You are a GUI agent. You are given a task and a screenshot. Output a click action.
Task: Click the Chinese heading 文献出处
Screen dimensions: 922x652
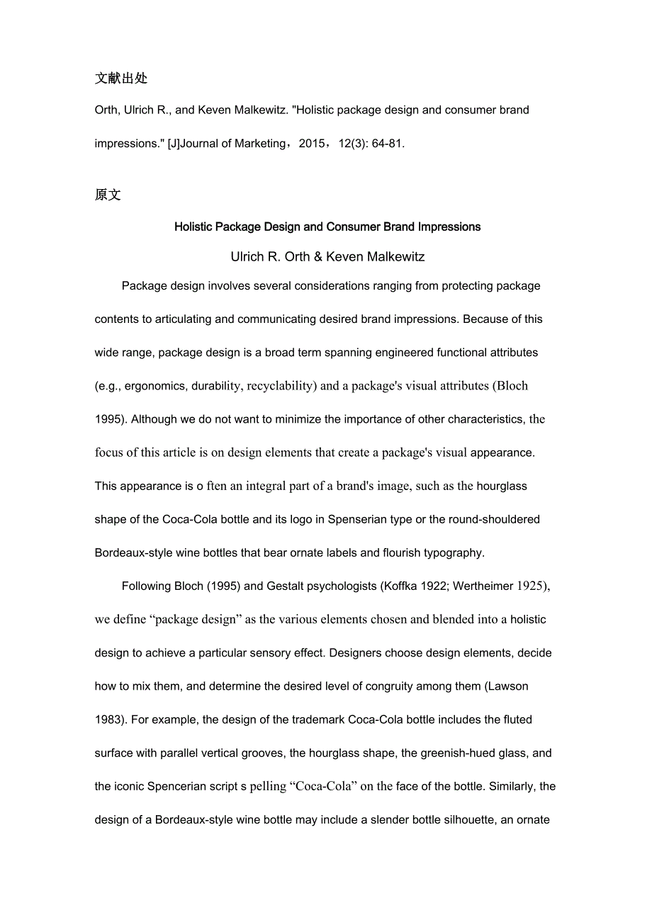[x=121, y=78]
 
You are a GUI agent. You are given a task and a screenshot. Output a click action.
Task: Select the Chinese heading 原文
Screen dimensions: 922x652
[x=108, y=195]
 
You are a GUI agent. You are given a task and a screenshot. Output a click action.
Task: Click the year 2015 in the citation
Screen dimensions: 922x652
[x=313, y=144]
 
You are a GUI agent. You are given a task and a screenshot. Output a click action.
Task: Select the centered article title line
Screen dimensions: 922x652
[x=327, y=227]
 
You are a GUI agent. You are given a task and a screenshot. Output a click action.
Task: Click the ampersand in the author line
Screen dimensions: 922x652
[x=317, y=257]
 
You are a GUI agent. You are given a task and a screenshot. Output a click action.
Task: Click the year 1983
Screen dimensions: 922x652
[x=109, y=719]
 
